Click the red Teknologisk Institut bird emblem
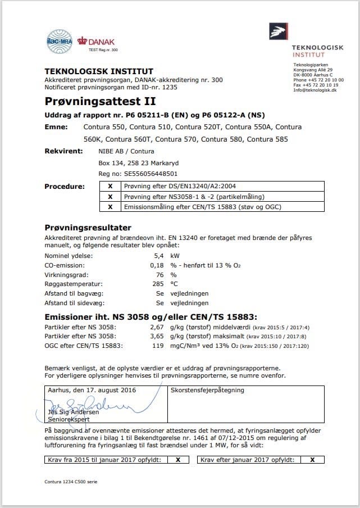point(278,32)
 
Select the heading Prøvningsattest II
point(100,102)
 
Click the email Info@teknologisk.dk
point(315,90)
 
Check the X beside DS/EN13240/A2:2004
point(110,187)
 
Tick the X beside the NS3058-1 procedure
point(110,197)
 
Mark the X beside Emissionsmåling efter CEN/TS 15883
point(110,207)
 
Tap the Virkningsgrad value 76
point(160,275)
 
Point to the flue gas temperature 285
point(158,284)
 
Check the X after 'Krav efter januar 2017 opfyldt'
point(312,459)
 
